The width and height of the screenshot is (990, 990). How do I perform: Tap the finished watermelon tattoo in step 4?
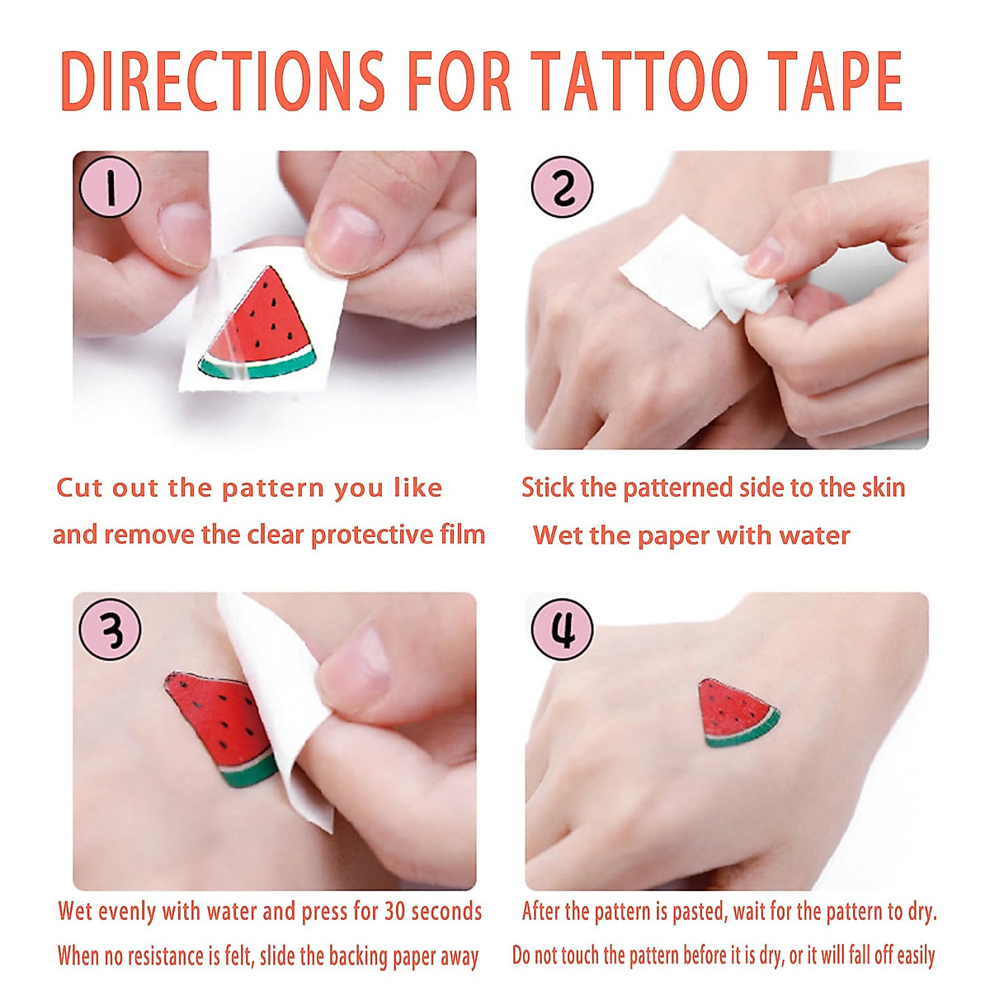click(736, 712)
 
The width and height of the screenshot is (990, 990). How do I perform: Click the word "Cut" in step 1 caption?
click(78, 488)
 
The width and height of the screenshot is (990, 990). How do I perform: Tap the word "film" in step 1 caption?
click(463, 535)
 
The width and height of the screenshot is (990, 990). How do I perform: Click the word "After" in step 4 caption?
click(544, 912)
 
